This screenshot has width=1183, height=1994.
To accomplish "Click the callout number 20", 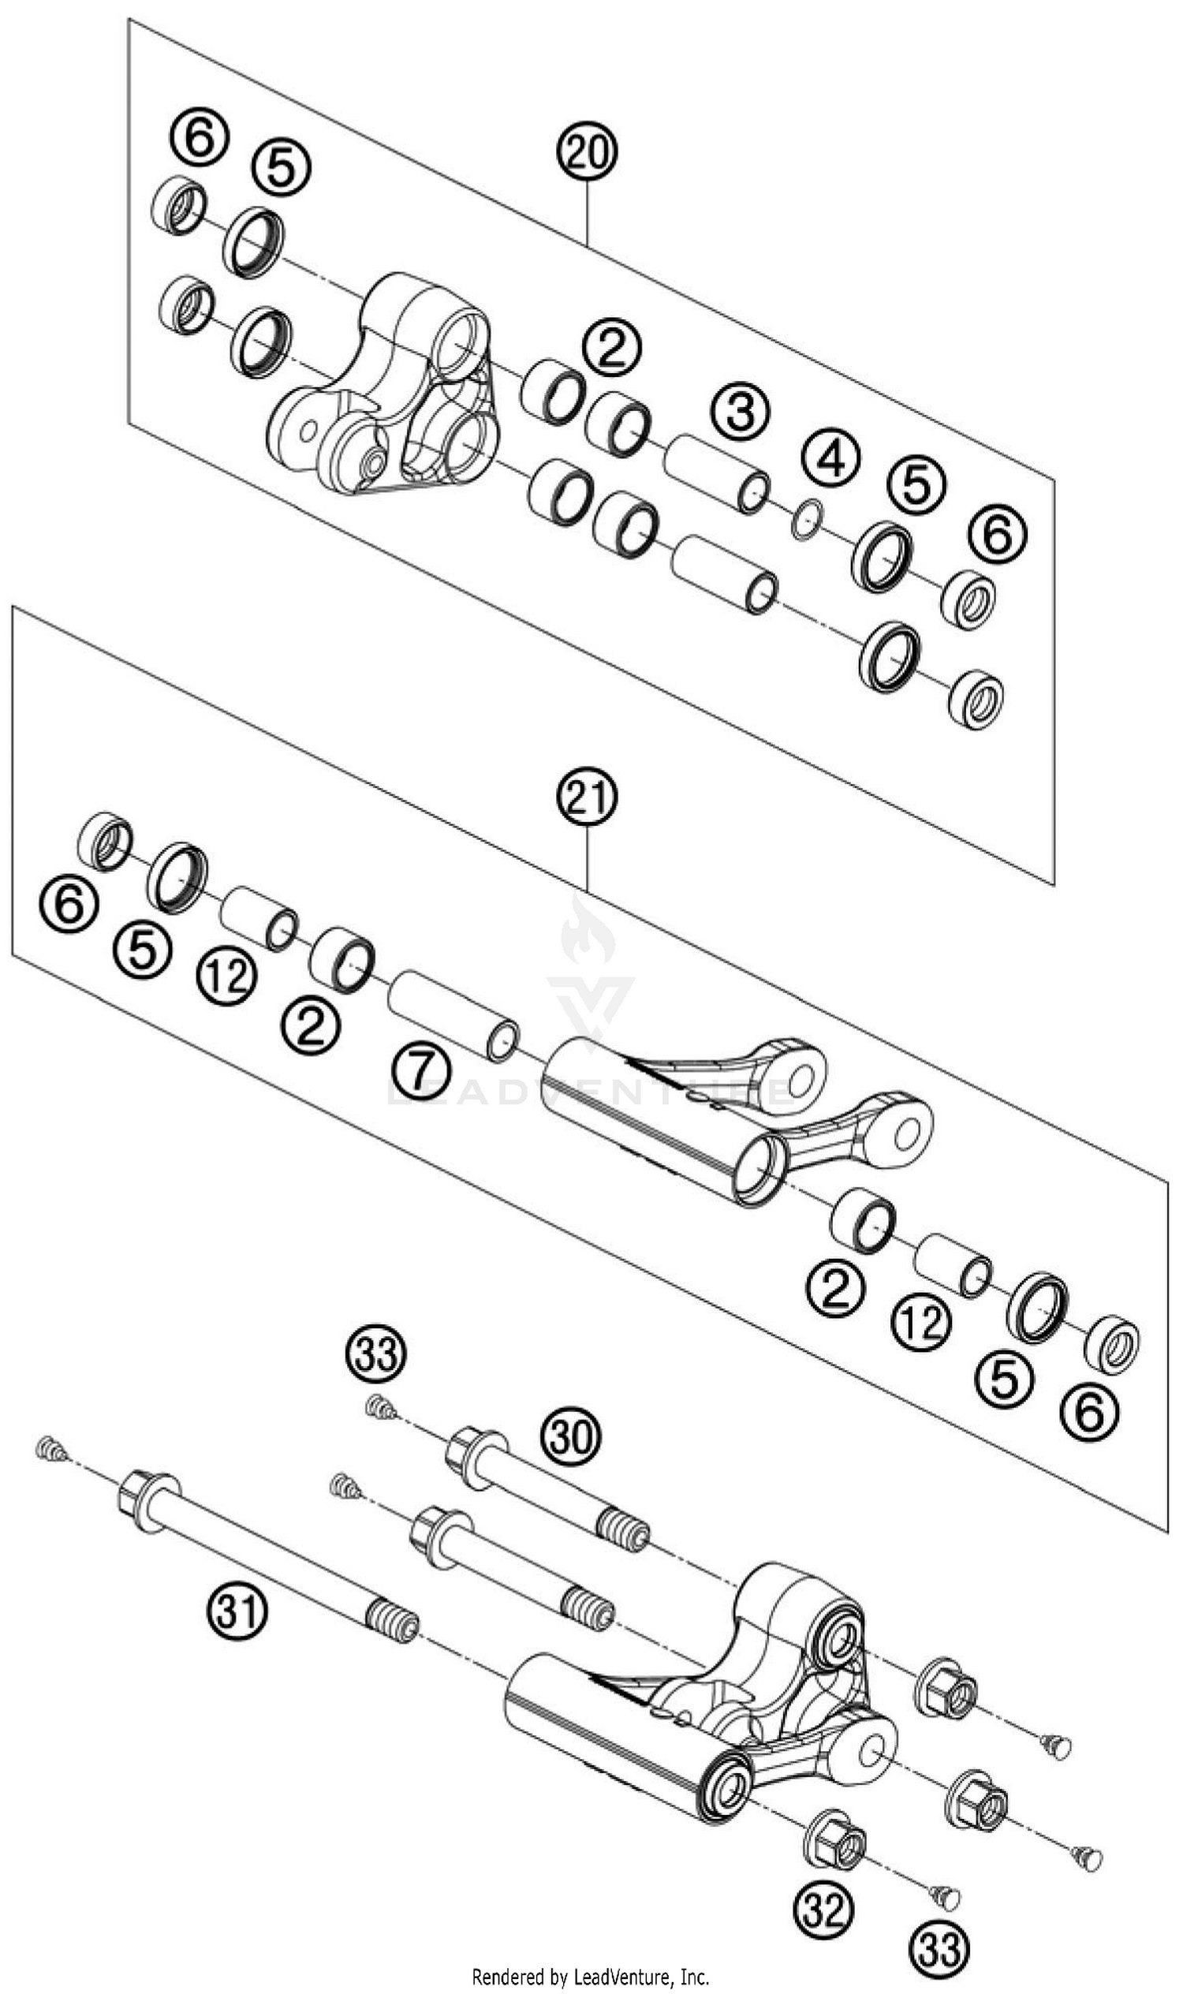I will coord(588,151).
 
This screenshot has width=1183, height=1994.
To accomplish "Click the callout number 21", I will coord(588,797).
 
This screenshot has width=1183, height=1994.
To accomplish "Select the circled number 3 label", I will coord(741,413).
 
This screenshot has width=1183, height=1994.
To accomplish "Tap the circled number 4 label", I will coord(830,458).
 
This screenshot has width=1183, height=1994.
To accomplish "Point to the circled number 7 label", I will coord(422,1070).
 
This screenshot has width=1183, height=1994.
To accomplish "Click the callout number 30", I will coord(572,1436).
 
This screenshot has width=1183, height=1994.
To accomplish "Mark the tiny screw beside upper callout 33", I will coord(381,1410).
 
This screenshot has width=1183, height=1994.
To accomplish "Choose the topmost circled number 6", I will coord(199,137).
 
